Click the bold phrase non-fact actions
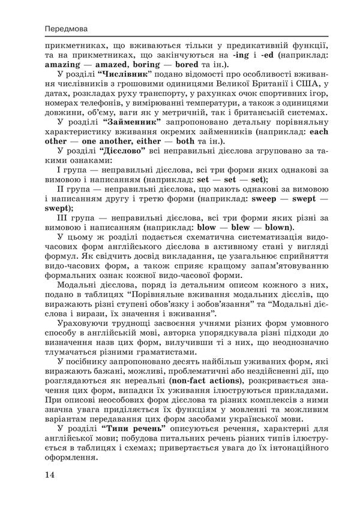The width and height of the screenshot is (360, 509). pyautogui.click(x=206, y=379)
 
